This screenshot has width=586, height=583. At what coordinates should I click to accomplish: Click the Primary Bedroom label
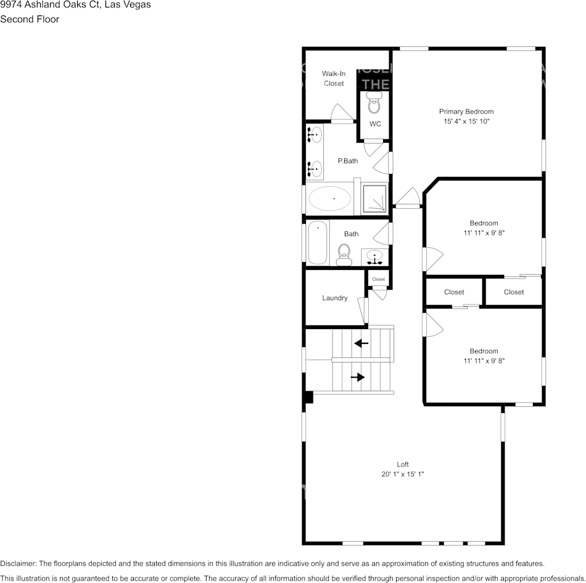[x=466, y=112]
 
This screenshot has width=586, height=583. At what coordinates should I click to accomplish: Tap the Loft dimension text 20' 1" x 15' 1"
[x=403, y=474]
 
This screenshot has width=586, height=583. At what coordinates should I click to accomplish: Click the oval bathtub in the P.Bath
[x=329, y=199]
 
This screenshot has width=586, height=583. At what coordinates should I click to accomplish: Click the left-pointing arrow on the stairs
[x=361, y=343]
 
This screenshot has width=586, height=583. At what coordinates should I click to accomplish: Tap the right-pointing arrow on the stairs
[x=358, y=377]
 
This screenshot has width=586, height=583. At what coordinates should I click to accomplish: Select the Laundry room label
[x=334, y=298]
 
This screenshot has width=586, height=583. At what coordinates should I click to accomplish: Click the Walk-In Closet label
[x=334, y=78]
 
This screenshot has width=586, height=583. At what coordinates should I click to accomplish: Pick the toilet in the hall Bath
[x=344, y=253]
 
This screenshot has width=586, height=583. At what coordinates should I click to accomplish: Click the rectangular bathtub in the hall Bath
[x=318, y=242]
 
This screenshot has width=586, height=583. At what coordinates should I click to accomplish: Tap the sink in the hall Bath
[x=374, y=256]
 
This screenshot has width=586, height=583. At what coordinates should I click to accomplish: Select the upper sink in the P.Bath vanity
[x=315, y=134]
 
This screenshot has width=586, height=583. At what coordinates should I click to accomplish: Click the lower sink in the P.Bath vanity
[x=315, y=166]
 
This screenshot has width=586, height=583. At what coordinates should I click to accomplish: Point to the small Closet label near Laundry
[x=378, y=279]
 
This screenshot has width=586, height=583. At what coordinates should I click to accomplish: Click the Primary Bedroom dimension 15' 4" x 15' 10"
[x=466, y=121]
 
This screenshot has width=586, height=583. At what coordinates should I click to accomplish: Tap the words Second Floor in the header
[x=30, y=19]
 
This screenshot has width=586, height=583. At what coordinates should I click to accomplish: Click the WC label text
[x=375, y=124]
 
